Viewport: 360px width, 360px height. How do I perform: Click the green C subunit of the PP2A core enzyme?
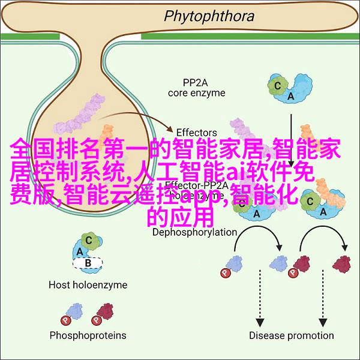point(278,85)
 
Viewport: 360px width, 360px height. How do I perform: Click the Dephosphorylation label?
point(194,232)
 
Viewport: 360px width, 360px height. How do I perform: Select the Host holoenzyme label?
point(88,285)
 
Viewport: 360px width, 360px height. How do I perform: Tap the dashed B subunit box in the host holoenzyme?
point(89,262)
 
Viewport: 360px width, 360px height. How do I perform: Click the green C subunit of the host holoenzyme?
point(89,241)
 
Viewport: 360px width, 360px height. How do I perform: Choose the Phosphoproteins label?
point(89,335)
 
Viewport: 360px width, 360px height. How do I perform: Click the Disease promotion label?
point(292,335)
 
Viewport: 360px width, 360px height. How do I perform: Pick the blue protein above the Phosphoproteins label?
point(74,311)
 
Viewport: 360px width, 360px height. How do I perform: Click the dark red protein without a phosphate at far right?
point(341,262)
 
